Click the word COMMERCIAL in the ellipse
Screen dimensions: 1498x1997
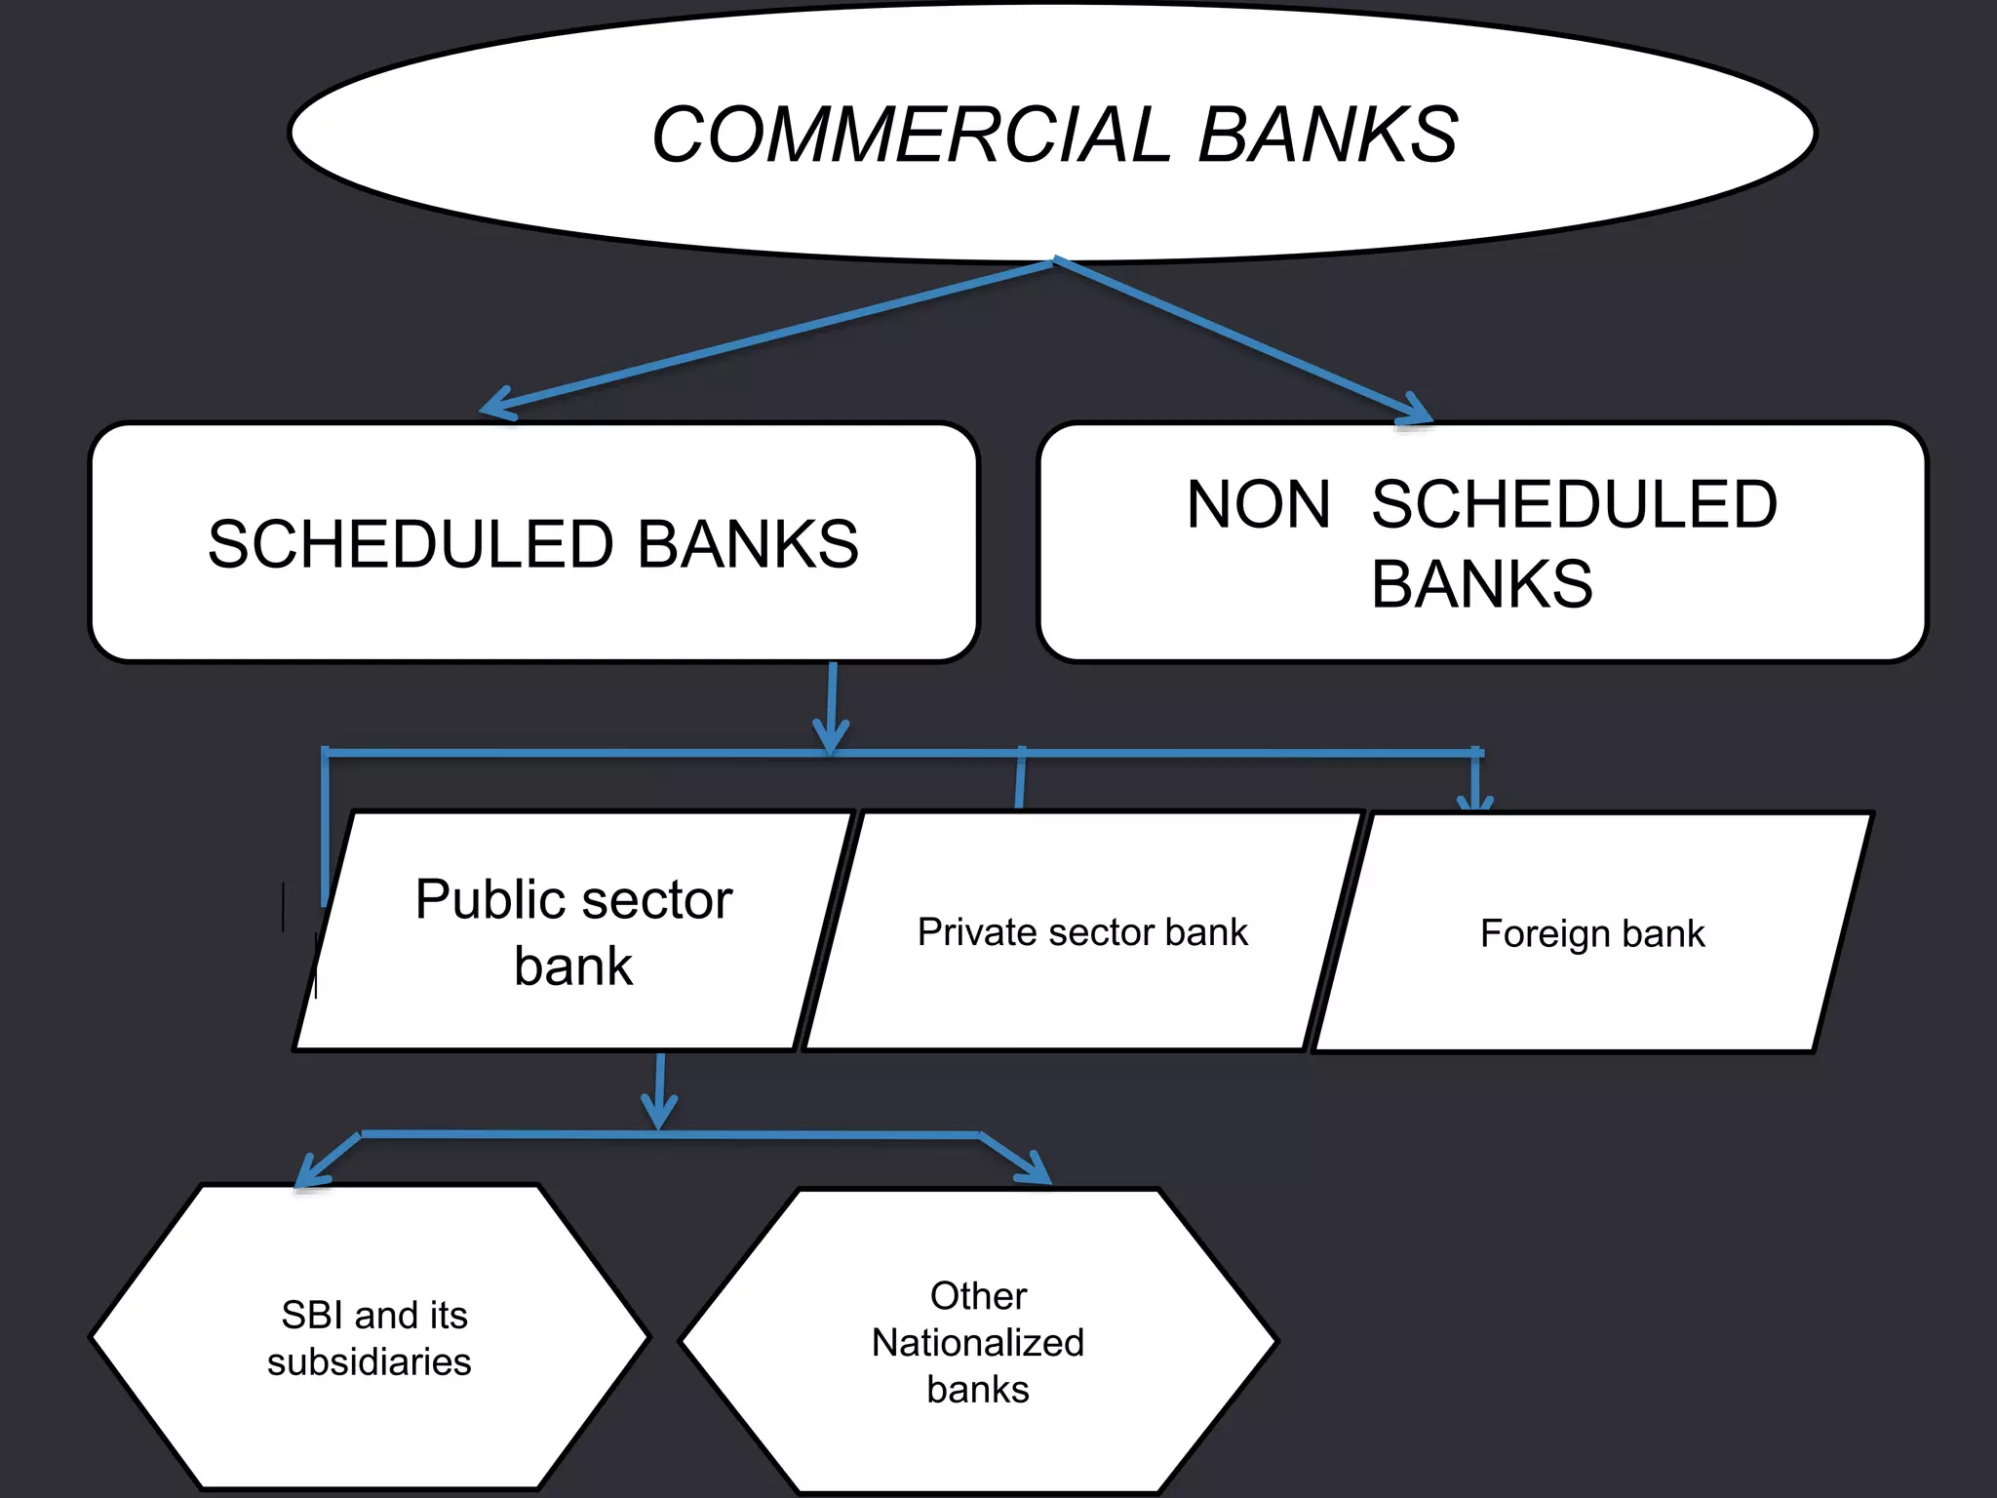[912, 135]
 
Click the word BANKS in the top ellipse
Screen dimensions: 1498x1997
[1327, 135]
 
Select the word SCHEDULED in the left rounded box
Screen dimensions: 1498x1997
[411, 544]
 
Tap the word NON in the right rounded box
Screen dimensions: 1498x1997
[1258, 505]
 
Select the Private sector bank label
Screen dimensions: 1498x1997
[1082, 932]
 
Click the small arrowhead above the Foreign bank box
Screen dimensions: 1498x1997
[1475, 800]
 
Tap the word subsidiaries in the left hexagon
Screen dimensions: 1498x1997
[369, 1362]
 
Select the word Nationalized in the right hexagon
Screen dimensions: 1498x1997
[977, 1343]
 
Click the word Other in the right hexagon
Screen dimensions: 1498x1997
[978, 1296]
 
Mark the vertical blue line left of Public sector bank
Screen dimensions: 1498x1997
[325, 829]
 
